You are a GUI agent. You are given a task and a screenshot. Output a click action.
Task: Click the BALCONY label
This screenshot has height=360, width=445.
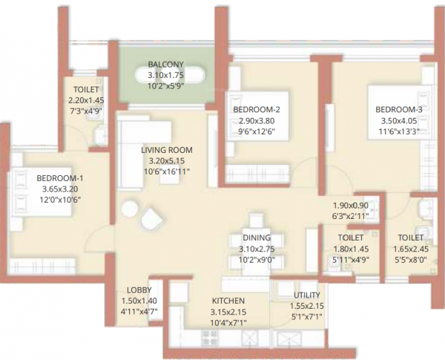165,63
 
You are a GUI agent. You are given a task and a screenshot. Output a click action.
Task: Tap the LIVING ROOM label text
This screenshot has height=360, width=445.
166,148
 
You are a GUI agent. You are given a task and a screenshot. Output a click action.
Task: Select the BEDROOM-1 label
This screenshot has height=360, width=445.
59,177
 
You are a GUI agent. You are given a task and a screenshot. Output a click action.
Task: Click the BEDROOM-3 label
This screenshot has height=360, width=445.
398,110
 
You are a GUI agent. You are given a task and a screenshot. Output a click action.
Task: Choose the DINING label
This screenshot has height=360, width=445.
256,238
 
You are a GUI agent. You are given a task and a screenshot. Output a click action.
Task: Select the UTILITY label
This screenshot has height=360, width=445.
306,295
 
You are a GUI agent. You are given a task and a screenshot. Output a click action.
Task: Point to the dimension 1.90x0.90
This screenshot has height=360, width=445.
350,205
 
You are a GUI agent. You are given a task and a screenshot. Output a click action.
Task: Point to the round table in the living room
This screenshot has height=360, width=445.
131,209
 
